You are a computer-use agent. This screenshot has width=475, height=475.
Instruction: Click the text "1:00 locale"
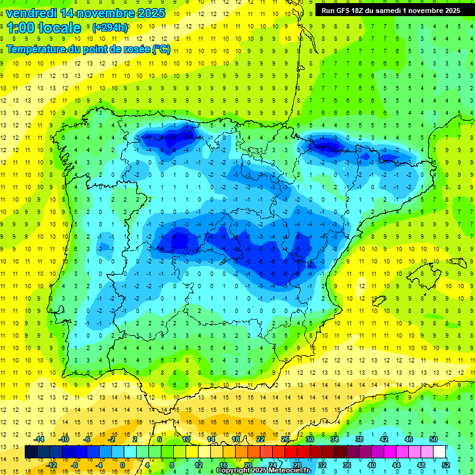point(43,28)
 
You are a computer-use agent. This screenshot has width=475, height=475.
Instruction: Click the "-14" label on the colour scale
point(39,439)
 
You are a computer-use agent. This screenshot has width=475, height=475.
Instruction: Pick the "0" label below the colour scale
point(122,464)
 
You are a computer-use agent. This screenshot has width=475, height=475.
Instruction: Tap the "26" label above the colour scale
point(285,439)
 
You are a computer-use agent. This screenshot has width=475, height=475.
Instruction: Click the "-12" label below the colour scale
point(51,464)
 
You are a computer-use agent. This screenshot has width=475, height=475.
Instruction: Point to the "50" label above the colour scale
point(433,439)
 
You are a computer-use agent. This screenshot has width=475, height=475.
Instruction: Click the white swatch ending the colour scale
point(440,451)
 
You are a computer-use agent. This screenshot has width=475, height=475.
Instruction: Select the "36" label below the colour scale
point(346,464)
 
